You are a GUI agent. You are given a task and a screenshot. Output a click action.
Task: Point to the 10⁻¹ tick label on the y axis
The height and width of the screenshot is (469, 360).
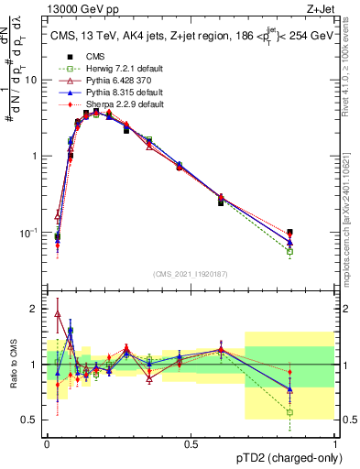tap(28, 233)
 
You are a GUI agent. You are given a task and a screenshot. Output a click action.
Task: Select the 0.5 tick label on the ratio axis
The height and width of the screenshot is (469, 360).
tap(31, 420)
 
